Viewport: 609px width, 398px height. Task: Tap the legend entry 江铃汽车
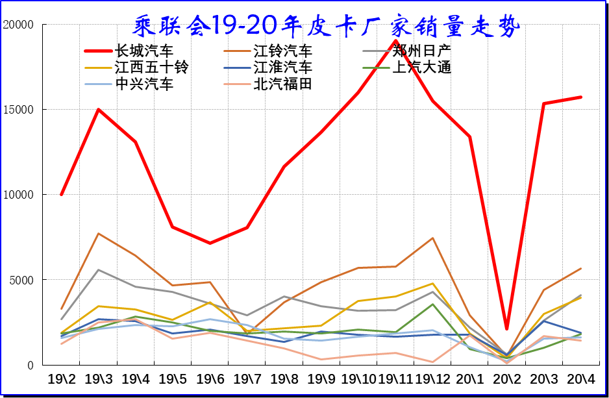pos(282,51)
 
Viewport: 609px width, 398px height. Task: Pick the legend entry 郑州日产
pos(422,51)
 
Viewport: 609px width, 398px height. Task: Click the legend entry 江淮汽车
pos(282,67)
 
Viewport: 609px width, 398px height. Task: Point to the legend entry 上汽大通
pos(422,67)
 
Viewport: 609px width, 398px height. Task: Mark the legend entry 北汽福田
pos(282,83)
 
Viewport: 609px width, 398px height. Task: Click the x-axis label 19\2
pos(61,379)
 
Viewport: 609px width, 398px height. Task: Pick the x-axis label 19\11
pos(395,379)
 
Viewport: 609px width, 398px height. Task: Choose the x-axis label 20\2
pos(506,379)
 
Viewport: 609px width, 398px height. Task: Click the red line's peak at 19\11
pos(395,41)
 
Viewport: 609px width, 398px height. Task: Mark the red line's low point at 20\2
pos(506,329)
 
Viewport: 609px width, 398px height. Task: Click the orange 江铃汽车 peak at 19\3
pos(98,234)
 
